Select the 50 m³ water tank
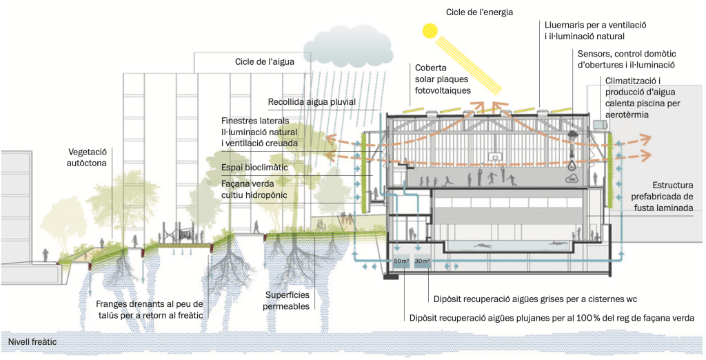401,261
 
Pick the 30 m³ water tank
422,261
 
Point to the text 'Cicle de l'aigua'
265,61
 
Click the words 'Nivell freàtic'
32,341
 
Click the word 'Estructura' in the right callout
672,185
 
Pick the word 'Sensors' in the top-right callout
595,52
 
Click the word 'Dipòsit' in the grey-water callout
450,299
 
